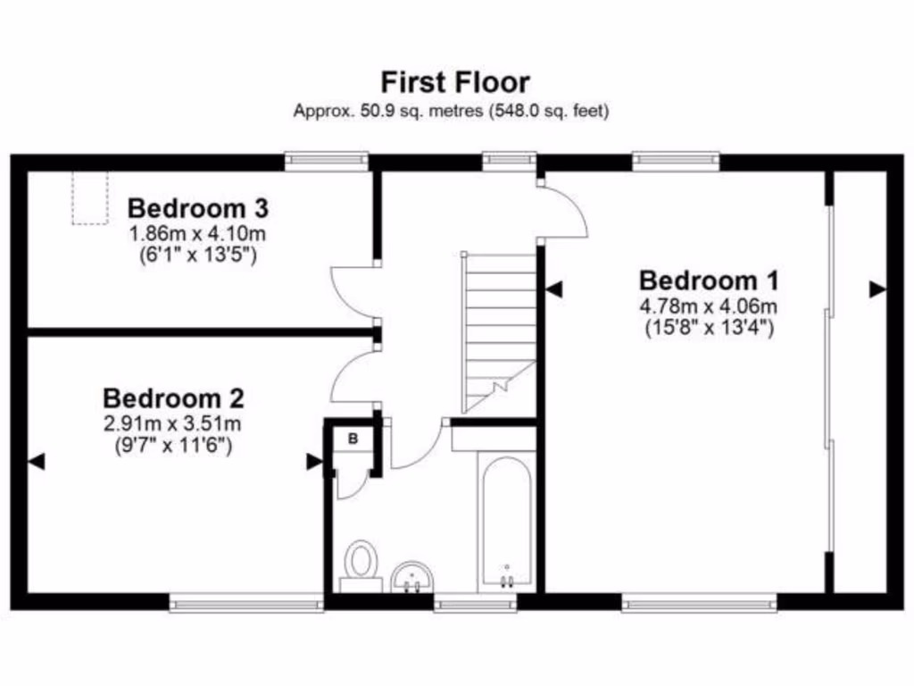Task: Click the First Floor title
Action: pos(455,82)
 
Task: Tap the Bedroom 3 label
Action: pos(198,209)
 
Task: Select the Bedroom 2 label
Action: pos(173,397)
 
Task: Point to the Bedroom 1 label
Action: pos(709,280)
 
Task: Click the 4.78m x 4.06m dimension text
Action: pos(709,306)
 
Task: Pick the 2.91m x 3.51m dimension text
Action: pos(173,423)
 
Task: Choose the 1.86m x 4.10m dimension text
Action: pos(198,234)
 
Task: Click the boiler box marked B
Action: pos(353,439)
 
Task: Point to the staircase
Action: pos(499,330)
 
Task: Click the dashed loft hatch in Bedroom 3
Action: pos(89,197)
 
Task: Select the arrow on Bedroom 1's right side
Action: pos(877,289)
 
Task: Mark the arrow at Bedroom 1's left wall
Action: pos(554,289)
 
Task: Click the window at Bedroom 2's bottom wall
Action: pos(246,606)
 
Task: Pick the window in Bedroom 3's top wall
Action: pos(327,161)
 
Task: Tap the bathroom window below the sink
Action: pos(475,606)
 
